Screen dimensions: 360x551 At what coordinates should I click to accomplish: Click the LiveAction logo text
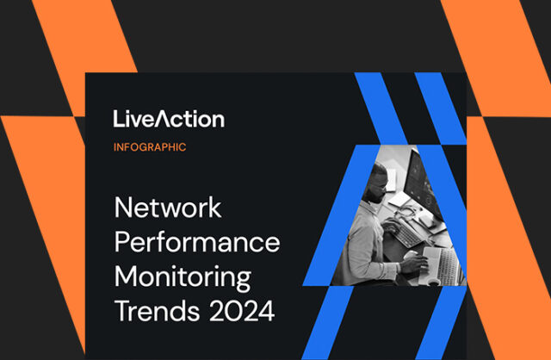[168, 119]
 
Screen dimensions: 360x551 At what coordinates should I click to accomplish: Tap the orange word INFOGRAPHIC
[150, 147]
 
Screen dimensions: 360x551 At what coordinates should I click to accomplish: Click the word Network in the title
[168, 209]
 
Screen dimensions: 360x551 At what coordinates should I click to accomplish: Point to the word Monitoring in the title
[183, 278]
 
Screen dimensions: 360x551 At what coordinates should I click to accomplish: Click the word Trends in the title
[150, 309]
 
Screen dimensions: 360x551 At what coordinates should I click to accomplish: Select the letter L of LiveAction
[118, 119]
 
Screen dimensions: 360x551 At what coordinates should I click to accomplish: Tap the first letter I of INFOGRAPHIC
[115, 147]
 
